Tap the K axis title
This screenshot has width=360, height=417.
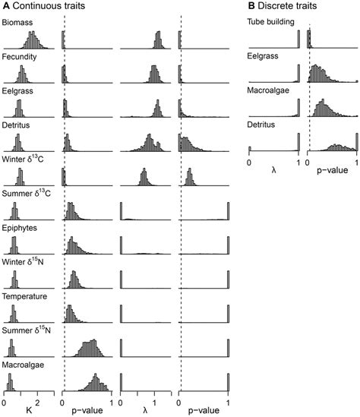28,410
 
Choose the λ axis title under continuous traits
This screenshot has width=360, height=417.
145,410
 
